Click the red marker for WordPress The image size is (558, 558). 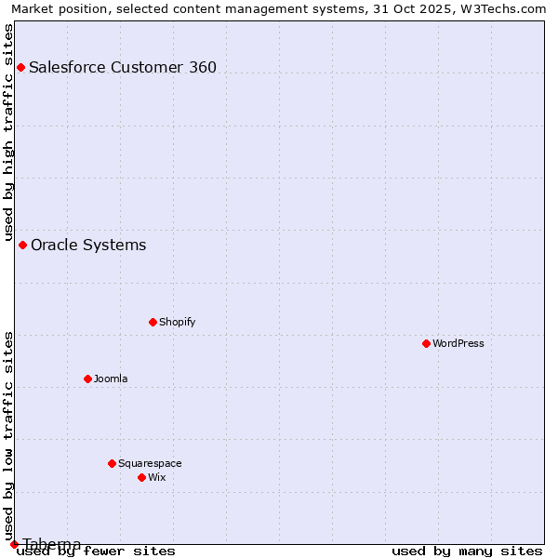point(426,343)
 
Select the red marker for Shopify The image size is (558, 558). point(153,322)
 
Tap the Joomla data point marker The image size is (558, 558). point(87,379)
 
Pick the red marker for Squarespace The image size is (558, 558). point(112,463)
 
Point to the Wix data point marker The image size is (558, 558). point(141,477)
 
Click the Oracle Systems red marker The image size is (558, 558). point(22,245)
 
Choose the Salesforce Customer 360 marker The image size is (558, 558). point(20,67)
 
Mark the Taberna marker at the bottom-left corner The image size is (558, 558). point(14,544)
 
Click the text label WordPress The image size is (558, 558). point(458,343)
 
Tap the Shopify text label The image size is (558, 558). point(177,322)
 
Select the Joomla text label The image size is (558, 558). point(111,379)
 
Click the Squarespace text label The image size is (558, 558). point(150,463)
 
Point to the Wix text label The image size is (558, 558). point(156,477)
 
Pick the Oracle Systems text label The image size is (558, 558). point(88,245)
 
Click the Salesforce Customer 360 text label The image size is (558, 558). point(123,67)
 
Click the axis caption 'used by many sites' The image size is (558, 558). point(467,551)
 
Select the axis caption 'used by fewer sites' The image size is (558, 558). point(96,551)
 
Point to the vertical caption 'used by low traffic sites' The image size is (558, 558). point(9,435)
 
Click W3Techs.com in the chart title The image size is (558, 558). point(503,8)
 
